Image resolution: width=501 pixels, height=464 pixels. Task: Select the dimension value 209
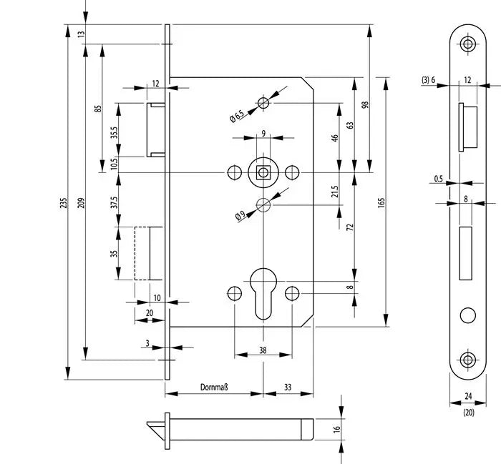(x=79, y=203)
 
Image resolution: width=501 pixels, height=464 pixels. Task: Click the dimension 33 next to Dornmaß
(x=288, y=388)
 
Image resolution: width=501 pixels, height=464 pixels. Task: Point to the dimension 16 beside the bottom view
(x=336, y=429)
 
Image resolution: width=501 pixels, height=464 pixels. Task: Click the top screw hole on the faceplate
(x=468, y=44)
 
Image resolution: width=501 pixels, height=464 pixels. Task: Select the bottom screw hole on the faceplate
(x=468, y=359)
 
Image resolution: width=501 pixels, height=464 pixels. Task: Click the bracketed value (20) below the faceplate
(x=468, y=412)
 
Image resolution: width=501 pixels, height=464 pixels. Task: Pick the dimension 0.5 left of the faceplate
(x=438, y=179)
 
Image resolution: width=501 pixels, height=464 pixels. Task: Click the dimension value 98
(x=365, y=105)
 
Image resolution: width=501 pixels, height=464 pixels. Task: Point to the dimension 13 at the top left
(x=80, y=33)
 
